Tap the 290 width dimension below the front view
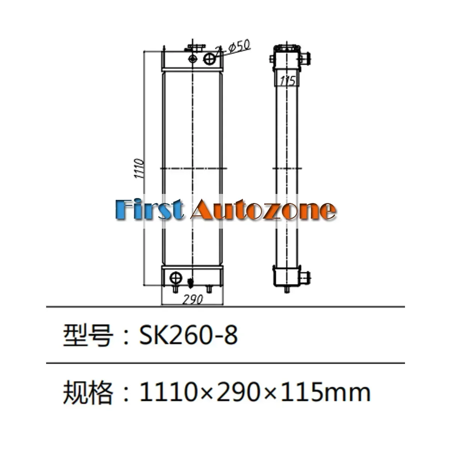point(192,299)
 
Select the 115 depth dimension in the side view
point(288,81)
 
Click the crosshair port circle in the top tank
point(209,58)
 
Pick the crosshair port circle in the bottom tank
point(176,278)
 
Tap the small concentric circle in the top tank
point(193,59)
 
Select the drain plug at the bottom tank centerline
point(191,283)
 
